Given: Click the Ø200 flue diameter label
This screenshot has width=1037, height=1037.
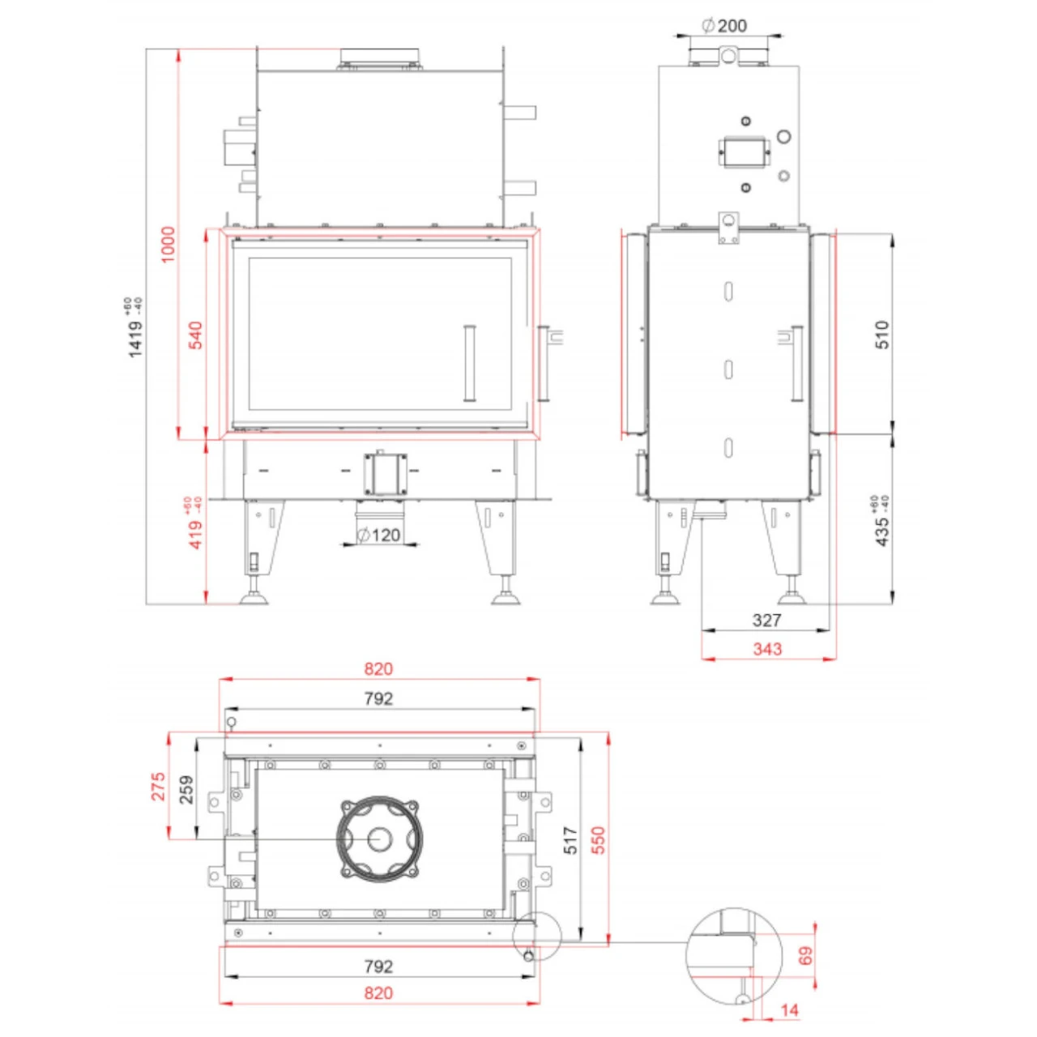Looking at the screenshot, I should click(x=724, y=26).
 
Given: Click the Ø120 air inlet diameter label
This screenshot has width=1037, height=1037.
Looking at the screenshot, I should click(x=379, y=536).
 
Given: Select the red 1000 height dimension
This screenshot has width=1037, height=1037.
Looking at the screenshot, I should click(x=168, y=244).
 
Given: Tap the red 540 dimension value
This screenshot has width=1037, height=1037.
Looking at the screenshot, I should click(x=195, y=335).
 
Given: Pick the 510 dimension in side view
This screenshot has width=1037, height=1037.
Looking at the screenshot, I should click(x=881, y=335).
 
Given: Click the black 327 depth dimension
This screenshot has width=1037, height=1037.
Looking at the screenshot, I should click(x=766, y=621).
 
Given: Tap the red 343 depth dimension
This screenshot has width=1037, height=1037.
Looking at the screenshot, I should click(x=766, y=649).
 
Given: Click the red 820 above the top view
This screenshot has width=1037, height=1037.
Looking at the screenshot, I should click(x=378, y=669).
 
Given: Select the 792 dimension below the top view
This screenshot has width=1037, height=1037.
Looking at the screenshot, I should click(x=378, y=967).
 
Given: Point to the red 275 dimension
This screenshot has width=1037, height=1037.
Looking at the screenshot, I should click(x=159, y=787).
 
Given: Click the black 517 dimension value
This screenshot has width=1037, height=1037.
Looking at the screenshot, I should click(x=570, y=841).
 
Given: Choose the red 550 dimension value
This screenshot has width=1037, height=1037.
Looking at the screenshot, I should click(x=598, y=841).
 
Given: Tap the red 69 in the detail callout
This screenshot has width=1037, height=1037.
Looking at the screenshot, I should click(x=805, y=956).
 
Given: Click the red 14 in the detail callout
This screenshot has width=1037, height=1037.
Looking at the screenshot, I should click(x=789, y=1010).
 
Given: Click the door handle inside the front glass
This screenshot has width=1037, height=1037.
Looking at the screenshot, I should click(x=469, y=363).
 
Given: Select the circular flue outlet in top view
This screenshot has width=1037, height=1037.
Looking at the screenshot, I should click(x=379, y=839).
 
